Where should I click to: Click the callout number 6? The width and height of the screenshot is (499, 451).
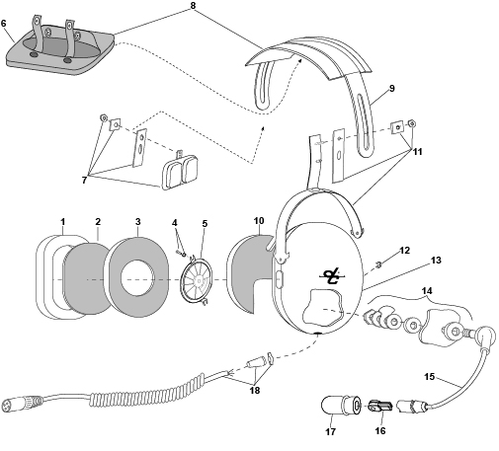point(4,24)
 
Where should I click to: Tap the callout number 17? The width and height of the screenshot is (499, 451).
point(330,432)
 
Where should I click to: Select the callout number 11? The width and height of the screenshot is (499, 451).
point(417,152)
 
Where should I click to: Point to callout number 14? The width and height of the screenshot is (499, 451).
point(427,291)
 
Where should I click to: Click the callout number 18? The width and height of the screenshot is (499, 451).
point(255,391)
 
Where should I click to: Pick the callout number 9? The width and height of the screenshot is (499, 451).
point(391,88)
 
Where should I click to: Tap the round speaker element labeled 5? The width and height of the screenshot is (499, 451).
point(197,279)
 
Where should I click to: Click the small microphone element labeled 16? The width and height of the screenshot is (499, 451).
point(379,407)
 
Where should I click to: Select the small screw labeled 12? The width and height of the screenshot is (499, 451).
point(378,264)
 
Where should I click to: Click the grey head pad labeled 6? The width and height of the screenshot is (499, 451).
point(60,52)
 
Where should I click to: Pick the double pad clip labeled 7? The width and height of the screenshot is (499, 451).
point(180,172)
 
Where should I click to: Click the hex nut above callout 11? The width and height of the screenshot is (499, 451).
point(411,123)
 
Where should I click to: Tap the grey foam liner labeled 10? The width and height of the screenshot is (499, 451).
point(250,273)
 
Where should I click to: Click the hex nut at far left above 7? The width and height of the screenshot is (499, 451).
point(103,117)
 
